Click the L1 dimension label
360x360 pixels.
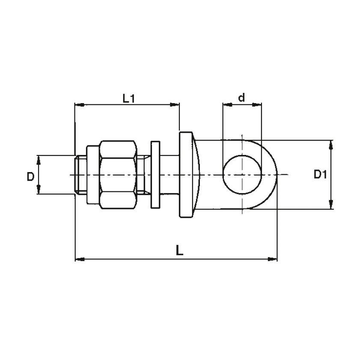(128, 98)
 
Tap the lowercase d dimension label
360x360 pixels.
(241, 97)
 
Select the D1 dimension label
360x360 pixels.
(320, 175)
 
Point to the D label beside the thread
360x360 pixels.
(30, 177)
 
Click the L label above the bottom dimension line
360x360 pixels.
(179, 250)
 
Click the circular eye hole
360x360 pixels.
(242, 175)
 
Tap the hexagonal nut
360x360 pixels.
(118, 175)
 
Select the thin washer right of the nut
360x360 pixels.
(155, 175)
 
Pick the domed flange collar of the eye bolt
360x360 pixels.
(189, 175)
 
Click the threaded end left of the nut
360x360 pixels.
(81, 175)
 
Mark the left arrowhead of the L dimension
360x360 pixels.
(80, 259)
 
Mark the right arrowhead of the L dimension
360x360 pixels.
(273, 259)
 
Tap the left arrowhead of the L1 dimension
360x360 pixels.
(80, 105)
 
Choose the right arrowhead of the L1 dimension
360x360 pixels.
(175, 105)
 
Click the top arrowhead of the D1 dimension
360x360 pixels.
(331, 145)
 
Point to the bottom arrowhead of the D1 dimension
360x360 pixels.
(331, 204)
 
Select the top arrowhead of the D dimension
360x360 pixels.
(39, 160)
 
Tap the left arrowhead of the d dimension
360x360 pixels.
(227, 105)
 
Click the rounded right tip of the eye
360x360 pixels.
(277, 175)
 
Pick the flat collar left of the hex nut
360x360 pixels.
(93, 175)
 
